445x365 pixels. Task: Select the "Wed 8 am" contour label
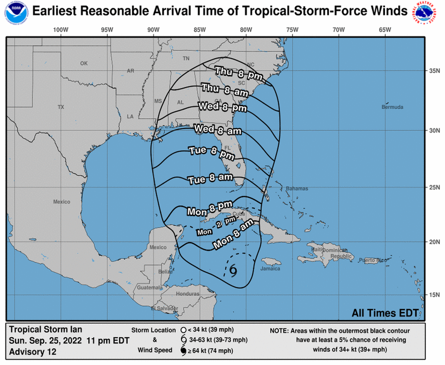click(x=217, y=129)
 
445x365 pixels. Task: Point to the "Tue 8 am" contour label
click(x=210, y=180)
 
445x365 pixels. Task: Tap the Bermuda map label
click(x=393, y=107)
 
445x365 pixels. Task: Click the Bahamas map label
click(x=297, y=189)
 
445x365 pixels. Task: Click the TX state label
click(x=61, y=107)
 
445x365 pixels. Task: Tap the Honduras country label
click(x=187, y=294)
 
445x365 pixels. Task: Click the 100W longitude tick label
click(x=61, y=30)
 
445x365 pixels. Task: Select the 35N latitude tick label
click(x=433, y=71)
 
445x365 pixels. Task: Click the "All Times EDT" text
click(x=385, y=313)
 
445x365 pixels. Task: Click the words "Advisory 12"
click(x=32, y=352)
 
